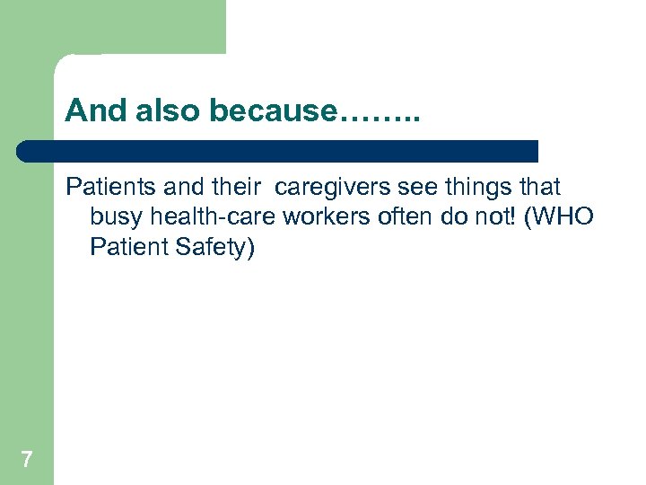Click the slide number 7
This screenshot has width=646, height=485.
(x=27, y=461)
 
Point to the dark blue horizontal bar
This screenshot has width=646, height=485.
(x=278, y=151)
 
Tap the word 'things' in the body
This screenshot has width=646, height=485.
(x=477, y=188)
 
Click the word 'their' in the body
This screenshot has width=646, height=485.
(x=235, y=188)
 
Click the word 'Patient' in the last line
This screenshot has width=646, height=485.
(x=126, y=247)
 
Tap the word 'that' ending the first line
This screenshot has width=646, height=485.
(x=539, y=188)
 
